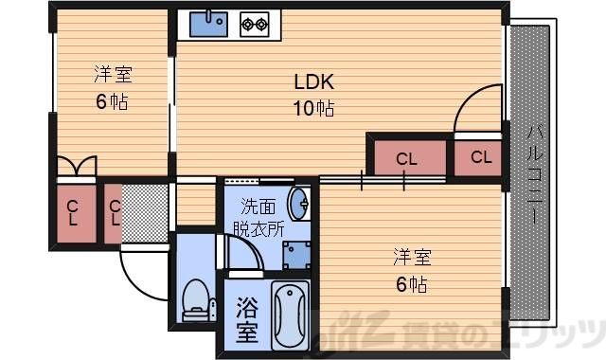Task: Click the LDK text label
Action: (x=312, y=81)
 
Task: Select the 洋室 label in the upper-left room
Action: (x=112, y=73)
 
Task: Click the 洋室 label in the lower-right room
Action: (x=413, y=256)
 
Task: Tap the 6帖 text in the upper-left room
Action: (x=112, y=99)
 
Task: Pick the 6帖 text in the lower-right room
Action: (x=413, y=282)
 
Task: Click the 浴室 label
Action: (x=246, y=319)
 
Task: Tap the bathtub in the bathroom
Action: (x=291, y=316)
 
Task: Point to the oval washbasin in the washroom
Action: (x=300, y=204)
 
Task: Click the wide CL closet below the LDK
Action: (x=406, y=158)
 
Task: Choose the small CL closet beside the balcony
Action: (x=479, y=157)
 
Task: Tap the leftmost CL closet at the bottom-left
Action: (x=73, y=212)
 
